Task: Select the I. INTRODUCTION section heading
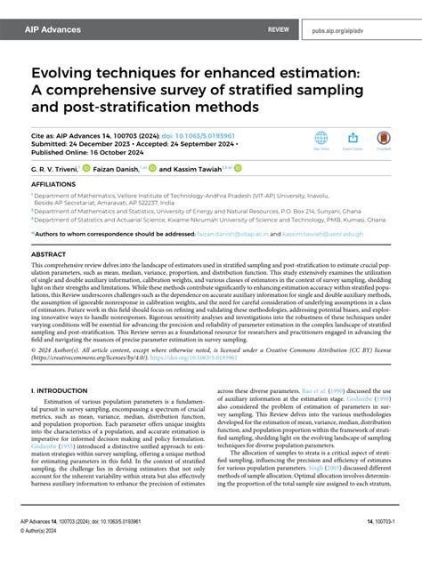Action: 62,389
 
